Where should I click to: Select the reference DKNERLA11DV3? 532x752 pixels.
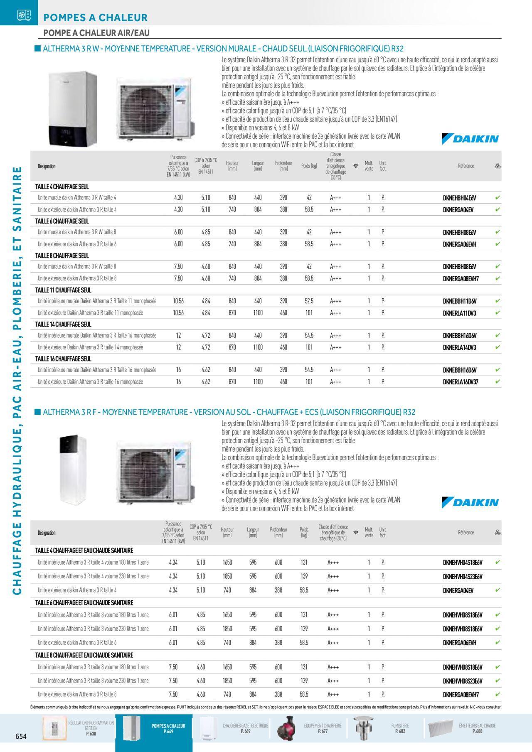point(459,313)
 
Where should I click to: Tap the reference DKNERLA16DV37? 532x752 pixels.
point(461,382)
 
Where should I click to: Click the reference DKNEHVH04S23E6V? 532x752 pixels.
point(463,577)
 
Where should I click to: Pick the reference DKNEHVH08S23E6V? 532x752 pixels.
point(463,681)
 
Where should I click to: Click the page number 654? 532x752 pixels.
point(21,736)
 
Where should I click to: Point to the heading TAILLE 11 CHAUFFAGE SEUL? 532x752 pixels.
point(63,290)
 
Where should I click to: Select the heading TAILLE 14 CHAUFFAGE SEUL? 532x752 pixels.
point(63,324)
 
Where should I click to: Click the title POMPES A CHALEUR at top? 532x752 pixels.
point(95,18)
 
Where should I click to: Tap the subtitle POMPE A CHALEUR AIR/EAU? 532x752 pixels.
point(96,33)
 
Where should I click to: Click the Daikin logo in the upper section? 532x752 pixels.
point(470,139)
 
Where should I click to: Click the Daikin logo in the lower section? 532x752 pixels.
point(470,502)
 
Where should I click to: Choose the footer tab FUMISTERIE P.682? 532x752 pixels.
point(399,728)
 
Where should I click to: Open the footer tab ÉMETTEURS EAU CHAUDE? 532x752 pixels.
point(477,728)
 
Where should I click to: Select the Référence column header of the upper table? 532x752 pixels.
point(465,166)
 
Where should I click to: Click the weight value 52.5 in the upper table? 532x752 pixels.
point(309,301)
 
